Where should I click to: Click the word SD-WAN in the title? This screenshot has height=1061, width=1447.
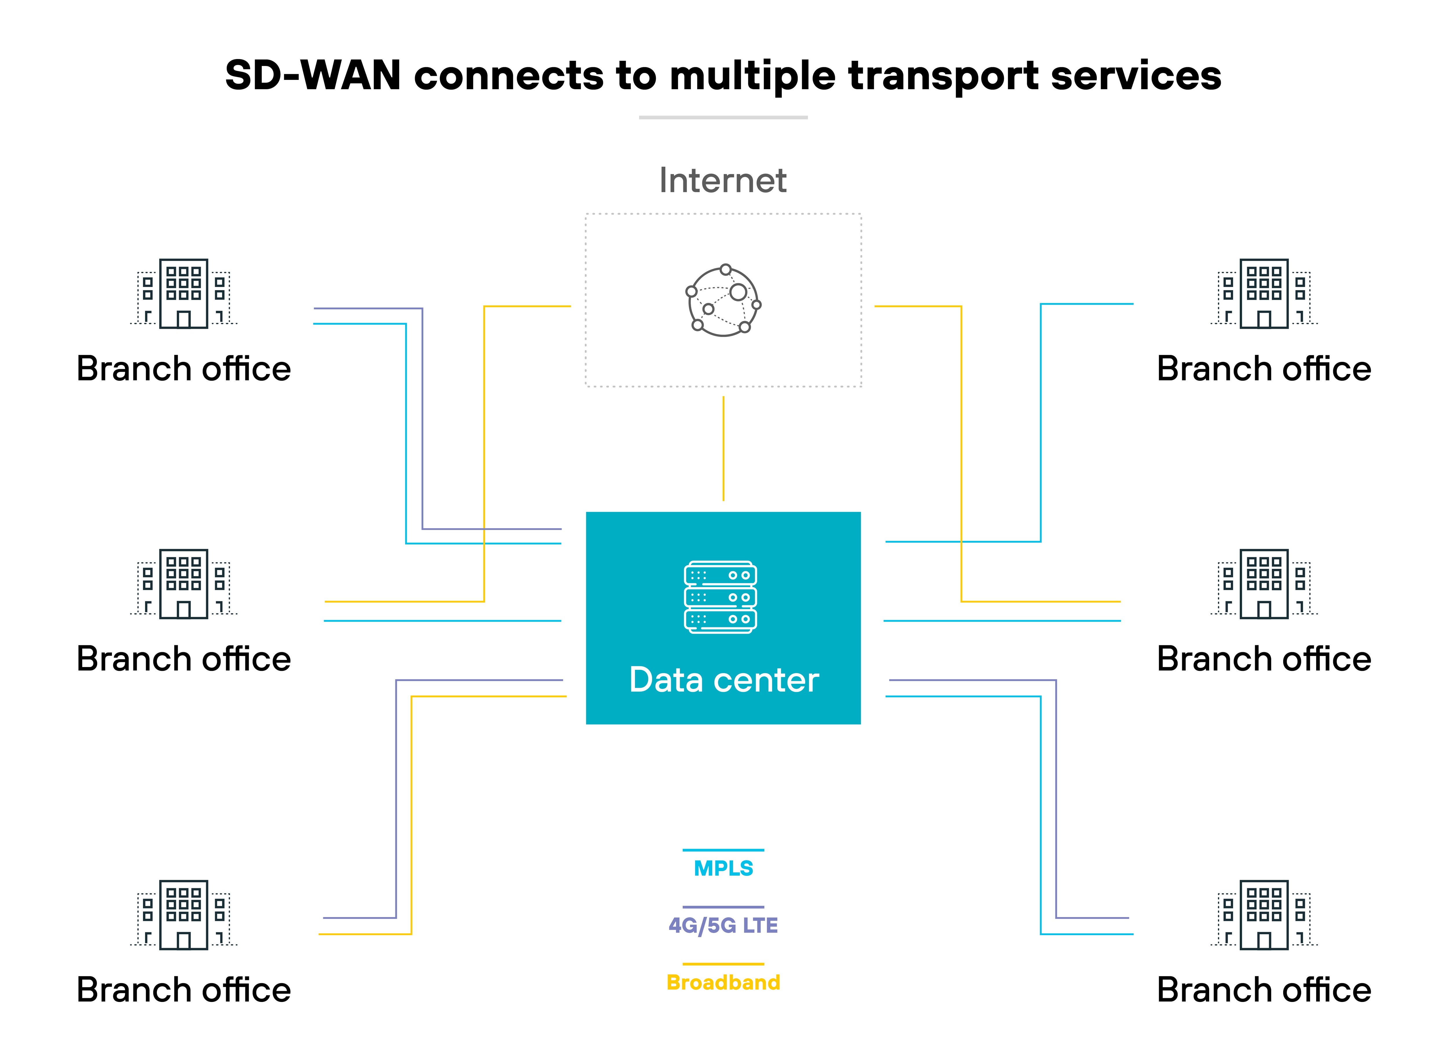coord(313,76)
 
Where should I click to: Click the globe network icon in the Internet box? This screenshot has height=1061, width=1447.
coord(723,300)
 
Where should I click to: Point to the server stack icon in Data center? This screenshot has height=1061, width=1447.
coord(720,597)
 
